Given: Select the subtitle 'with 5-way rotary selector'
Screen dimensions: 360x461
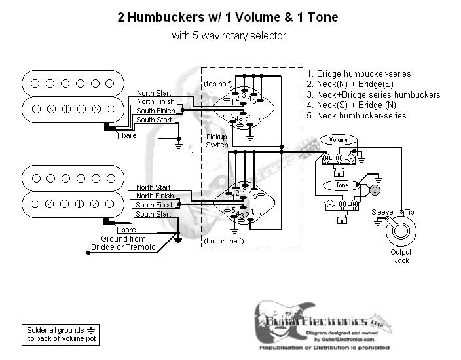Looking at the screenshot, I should tap(229, 36).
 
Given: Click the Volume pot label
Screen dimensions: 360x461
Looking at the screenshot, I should tap(339, 140).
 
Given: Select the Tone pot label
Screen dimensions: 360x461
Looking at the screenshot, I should tap(342, 185).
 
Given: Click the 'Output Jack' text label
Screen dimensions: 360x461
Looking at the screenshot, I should tap(401, 257).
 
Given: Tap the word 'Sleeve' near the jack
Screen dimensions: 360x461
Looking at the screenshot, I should tap(382, 213).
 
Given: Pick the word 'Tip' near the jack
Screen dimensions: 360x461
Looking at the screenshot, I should tap(409, 213).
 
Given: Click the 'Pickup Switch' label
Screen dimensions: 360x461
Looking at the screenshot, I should tap(216, 140).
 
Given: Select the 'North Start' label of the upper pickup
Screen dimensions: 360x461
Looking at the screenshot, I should tap(154, 93).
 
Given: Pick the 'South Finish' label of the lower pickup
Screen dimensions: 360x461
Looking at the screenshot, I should tap(155, 205).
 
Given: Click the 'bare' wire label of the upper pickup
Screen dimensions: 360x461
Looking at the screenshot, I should tap(128, 135).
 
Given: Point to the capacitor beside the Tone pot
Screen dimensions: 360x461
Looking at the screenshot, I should tap(375, 190).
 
